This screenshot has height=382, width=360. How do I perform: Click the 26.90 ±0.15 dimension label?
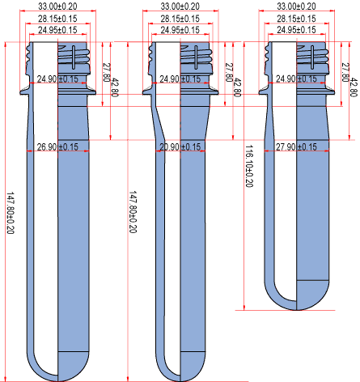tap(57, 147)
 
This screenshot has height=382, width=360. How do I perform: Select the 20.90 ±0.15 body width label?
tap(180, 147)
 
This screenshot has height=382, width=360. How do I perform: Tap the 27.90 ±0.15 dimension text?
tap(296, 147)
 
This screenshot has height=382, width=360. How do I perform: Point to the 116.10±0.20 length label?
tap(249, 166)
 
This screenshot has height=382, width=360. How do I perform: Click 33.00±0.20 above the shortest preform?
tap(296, 6)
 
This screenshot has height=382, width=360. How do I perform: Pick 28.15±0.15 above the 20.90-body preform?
tap(180, 19)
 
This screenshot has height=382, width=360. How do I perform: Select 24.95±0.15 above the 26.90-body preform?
tap(57, 30)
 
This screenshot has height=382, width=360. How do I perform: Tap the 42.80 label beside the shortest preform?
tap(354, 87)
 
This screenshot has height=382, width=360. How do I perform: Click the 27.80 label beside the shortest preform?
tap(345, 72)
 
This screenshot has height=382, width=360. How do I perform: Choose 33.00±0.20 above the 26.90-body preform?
tap(57, 6)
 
